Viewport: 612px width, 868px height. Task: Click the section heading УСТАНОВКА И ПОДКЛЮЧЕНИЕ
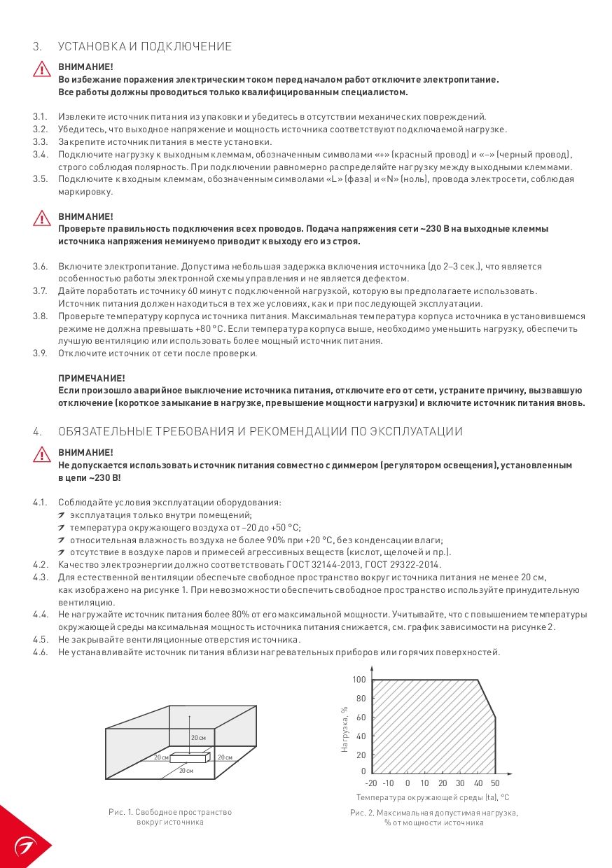pos(145,47)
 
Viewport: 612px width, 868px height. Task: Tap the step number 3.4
pos(39,154)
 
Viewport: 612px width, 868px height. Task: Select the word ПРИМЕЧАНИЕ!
pos(91,378)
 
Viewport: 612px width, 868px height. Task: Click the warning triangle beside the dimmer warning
pos(41,456)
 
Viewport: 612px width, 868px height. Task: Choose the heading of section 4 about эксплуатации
pos(260,431)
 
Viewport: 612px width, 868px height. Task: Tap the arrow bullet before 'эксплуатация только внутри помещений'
pos(62,515)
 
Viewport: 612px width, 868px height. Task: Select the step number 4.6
pos(39,652)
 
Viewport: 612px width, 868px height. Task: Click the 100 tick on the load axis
pos(359,680)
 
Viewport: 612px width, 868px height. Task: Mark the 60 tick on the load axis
pos(361,717)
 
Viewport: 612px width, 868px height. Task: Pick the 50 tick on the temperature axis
pos(495,783)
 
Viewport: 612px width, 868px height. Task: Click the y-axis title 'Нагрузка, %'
pos(345,729)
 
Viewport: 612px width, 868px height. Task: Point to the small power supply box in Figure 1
pos(190,757)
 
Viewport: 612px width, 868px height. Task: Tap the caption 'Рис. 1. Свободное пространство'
pos(170,812)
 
